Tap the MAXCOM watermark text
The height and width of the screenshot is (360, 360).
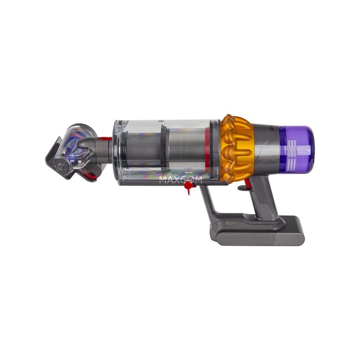coord(180,180)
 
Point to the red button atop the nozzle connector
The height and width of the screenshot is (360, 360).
coord(105,139)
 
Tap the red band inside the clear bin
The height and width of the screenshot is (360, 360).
coord(207,151)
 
